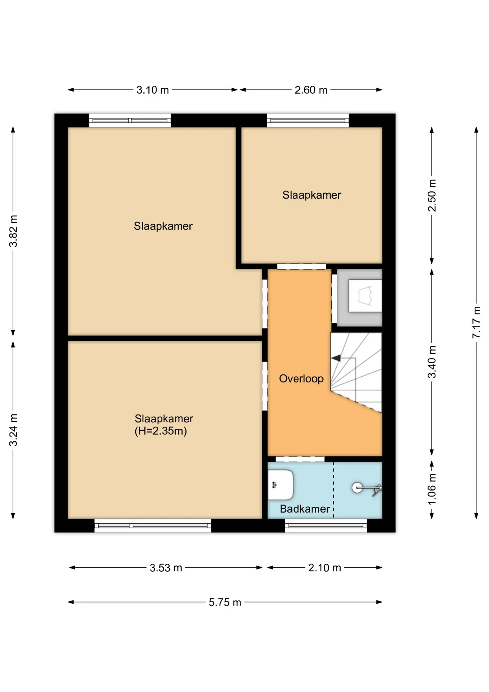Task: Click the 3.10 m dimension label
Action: [x=153, y=90]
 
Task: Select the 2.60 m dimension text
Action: [x=311, y=90]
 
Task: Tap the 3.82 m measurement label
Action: [x=13, y=231]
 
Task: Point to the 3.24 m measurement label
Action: [x=13, y=430]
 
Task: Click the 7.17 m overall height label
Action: [x=476, y=322]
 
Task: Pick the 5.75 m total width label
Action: [x=225, y=602]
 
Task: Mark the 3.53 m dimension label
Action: [x=166, y=568]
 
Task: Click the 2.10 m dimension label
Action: [x=324, y=568]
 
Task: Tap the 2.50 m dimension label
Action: [x=432, y=195]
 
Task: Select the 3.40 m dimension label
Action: [x=432, y=362]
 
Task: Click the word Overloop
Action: [x=301, y=378]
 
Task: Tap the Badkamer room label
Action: [x=305, y=509]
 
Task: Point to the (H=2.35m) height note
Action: [x=161, y=431]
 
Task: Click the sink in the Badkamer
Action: [x=281, y=485]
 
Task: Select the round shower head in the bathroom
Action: [x=357, y=488]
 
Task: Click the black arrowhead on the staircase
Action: [x=336, y=358]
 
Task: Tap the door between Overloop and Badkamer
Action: [x=300, y=459]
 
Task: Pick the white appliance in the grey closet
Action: [x=365, y=296]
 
